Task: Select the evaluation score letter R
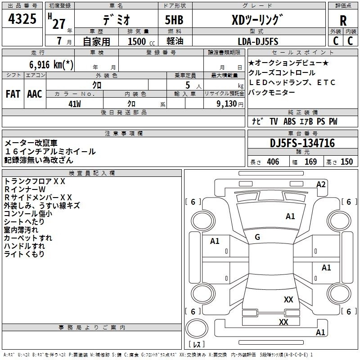coord(343,21)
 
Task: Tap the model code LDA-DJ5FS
coord(258,41)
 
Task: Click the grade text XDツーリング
coord(257,20)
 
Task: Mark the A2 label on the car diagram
coord(321,184)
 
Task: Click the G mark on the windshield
coord(257,237)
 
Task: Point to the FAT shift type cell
coord(13,94)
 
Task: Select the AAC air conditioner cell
coord(35,94)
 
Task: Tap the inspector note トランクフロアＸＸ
coord(35,181)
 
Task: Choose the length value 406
coord(271,162)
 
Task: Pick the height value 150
coord(346,162)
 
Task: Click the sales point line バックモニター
coord(272,92)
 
